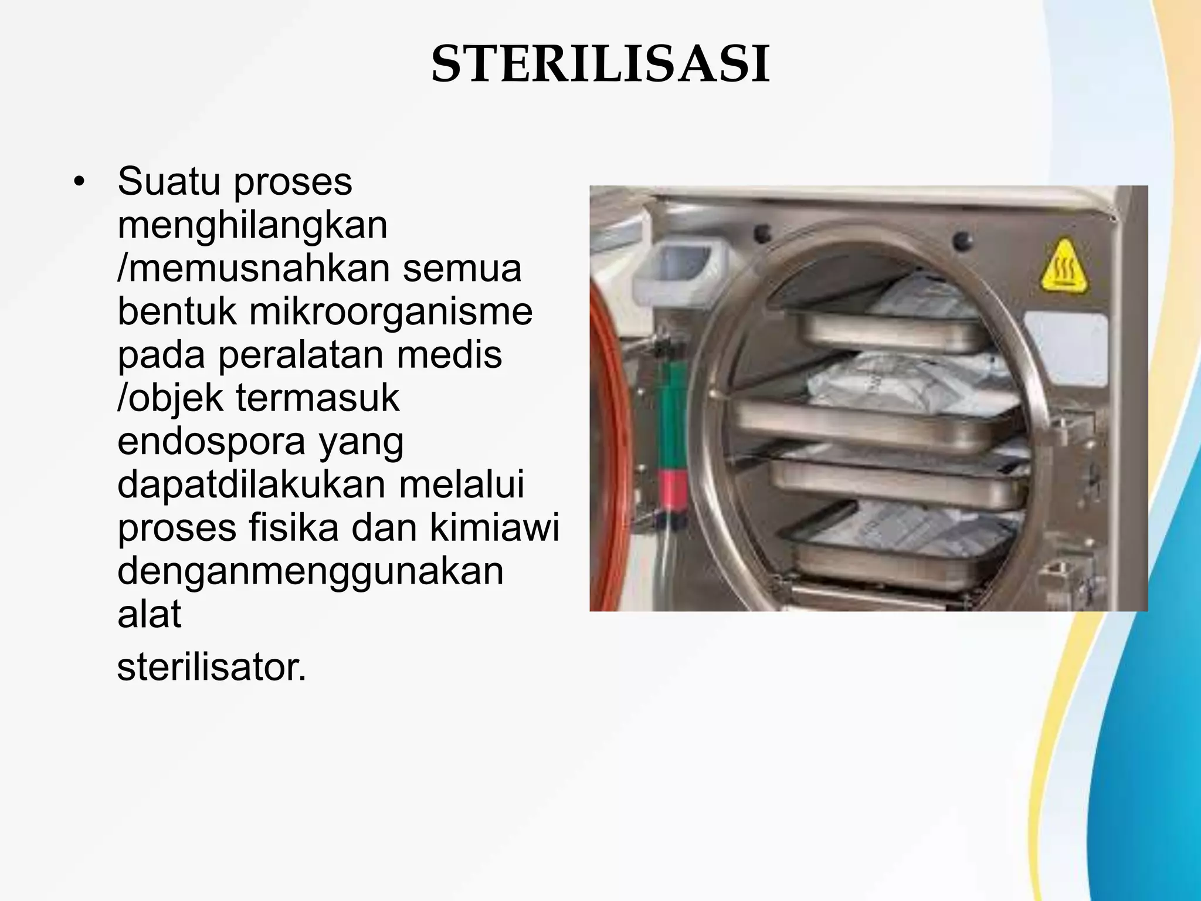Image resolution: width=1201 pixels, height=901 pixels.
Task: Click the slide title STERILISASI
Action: tap(600, 65)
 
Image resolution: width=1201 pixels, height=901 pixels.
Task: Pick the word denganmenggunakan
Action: tap(310, 571)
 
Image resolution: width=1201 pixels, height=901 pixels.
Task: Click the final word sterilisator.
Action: tap(212, 667)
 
